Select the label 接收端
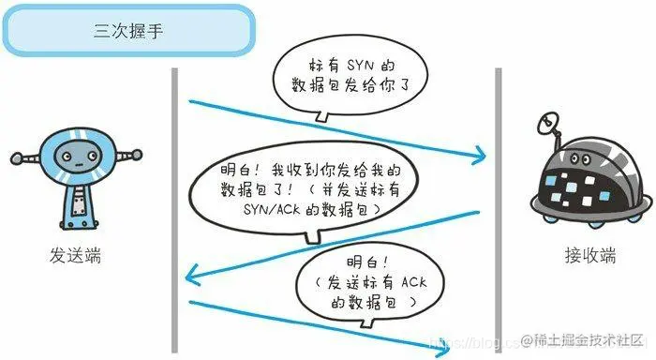click(x=570, y=255)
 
